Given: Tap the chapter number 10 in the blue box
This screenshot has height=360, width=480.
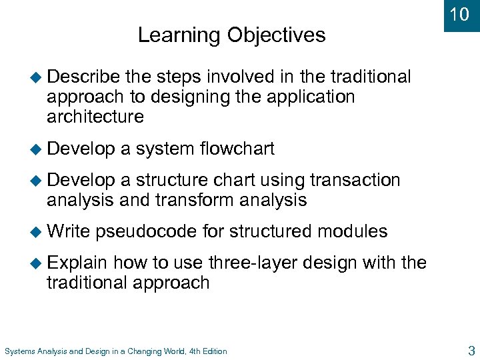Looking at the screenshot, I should pyautogui.click(x=459, y=15).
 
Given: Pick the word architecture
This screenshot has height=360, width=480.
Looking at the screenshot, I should pyautogui.click(x=95, y=117).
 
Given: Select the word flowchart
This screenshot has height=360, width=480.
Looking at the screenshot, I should pyautogui.click(x=237, y=149).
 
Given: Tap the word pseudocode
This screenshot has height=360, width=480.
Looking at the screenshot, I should pyautogui.click(x=147, y=231).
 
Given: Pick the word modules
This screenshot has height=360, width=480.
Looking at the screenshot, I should pyautogui.click(x=353, y=231).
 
